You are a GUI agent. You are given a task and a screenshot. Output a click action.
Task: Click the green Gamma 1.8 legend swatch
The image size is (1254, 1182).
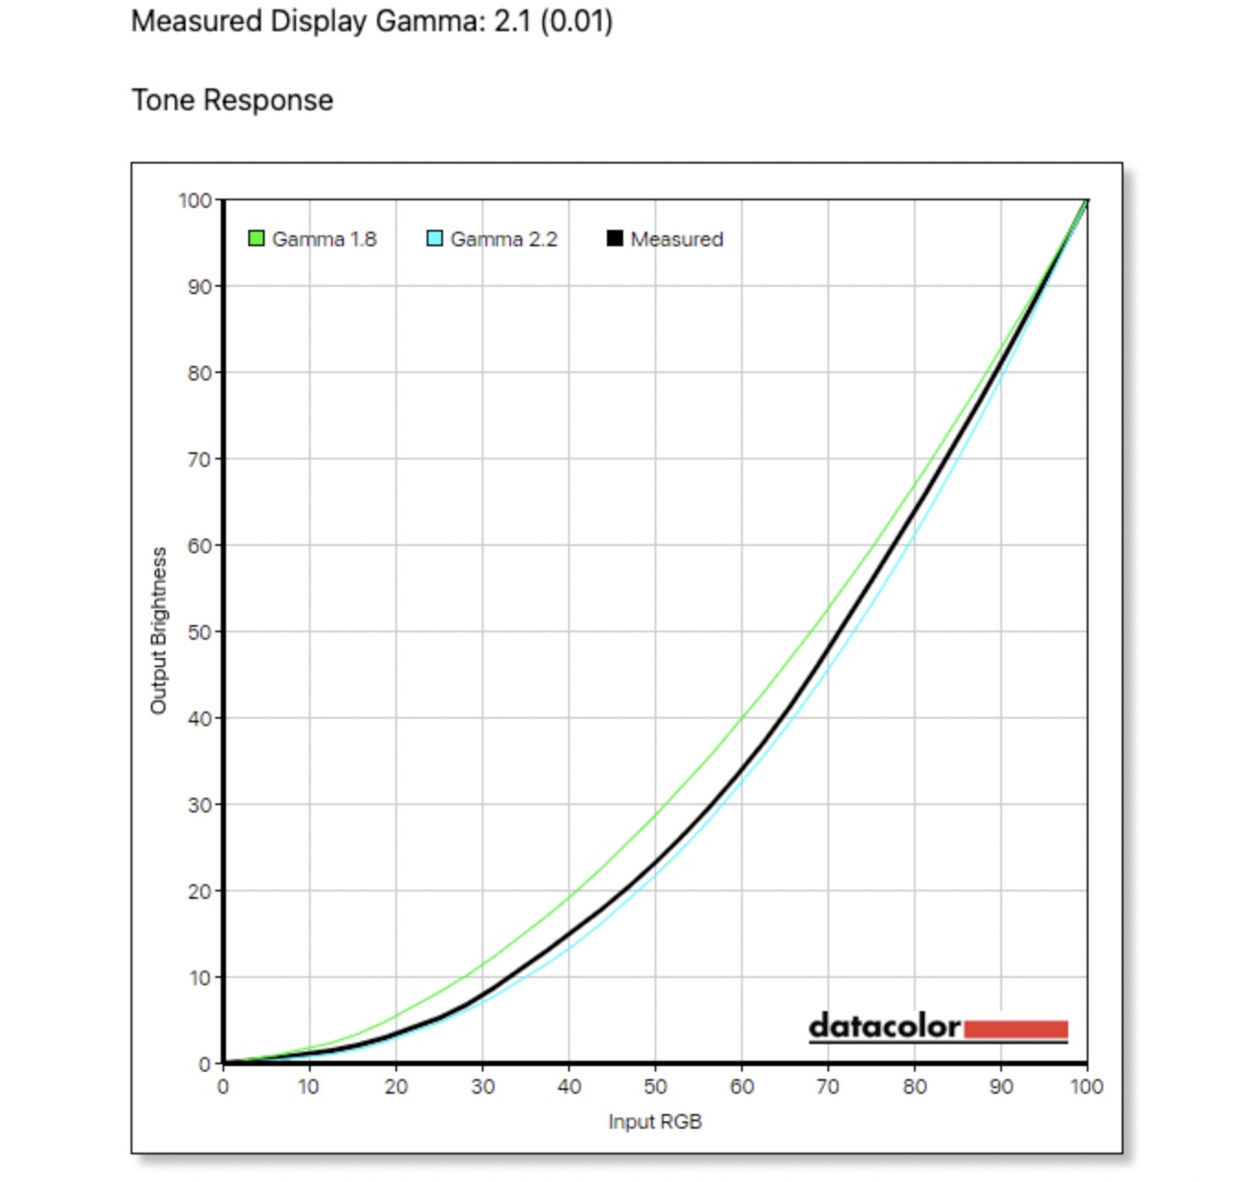(x=256, y=239)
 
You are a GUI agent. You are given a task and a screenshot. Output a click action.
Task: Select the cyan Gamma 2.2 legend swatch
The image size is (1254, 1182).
(x=435, y=239)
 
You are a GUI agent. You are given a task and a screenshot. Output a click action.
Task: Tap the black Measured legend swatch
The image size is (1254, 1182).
(x=614, y=239)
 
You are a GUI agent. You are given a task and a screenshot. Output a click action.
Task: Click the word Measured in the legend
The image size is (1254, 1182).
(x=677, y=239)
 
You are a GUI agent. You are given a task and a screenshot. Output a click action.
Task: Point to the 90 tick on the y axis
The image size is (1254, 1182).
(x=199, y=287)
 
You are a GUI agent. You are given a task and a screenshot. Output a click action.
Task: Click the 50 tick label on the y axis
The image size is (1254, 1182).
(x=199, y=632)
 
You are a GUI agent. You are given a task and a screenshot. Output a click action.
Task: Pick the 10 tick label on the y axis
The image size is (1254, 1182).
(x=199, y=978)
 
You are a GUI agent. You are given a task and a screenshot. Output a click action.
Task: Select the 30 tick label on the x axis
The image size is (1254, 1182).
(x=483, y=1086)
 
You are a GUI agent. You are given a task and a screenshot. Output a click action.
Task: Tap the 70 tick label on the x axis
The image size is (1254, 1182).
(x=827, y=1086)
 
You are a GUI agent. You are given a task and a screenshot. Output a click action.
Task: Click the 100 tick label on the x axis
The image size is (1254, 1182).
(x=1087, y=1086)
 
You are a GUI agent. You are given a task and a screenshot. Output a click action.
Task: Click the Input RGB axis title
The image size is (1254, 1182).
(x=655, y=1122)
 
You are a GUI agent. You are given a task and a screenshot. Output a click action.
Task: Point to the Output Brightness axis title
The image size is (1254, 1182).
(x=158, y=631)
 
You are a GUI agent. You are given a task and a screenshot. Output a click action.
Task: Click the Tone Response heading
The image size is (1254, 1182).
(x=233, y=100)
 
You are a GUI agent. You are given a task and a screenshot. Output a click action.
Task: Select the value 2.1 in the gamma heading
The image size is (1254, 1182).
(x=512, y=21)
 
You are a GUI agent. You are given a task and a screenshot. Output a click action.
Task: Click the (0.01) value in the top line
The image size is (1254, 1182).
(x=576, y=21)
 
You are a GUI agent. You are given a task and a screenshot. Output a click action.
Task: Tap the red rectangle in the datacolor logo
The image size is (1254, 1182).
(x=1016, y=1029)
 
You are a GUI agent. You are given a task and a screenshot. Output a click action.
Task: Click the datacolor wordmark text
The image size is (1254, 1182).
(x=884, y=1026)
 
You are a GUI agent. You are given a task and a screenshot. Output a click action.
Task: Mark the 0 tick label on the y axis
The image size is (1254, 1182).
(x=205, y=1064)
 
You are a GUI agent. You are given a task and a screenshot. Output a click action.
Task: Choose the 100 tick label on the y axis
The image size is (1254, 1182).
(x=195, y=200)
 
